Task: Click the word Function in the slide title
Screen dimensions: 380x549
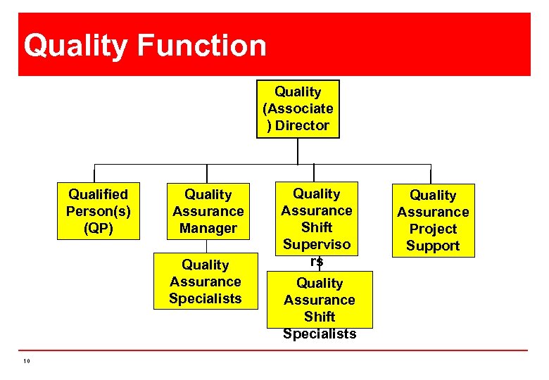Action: [202, 46]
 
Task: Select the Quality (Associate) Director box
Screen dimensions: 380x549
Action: [298, 109]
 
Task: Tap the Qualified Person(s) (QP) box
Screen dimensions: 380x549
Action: [98, 211]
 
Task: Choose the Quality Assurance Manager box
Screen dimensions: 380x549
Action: [208, 211]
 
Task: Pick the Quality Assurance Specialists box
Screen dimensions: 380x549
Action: [206, 281]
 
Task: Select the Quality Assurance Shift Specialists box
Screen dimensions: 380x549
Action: [320, 303]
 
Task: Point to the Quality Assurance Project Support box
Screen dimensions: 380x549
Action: [433, 220]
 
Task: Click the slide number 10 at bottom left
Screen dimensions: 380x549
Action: [26, 361]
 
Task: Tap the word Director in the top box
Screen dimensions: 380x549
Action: [303, 126]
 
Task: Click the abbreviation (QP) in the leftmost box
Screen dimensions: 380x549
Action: [98, 228]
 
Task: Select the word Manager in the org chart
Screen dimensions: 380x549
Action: [208, 229]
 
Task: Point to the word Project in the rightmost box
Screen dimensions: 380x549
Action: [433, 229]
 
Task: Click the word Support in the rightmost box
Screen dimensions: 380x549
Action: [433, 246]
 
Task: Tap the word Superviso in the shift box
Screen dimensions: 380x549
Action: [317, 244]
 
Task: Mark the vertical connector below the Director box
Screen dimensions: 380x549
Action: [298, 151]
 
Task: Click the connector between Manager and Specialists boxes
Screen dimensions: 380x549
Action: [207, 246]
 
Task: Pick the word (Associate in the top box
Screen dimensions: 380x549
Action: [298, 109]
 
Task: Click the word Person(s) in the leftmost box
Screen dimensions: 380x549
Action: [98, 211]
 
